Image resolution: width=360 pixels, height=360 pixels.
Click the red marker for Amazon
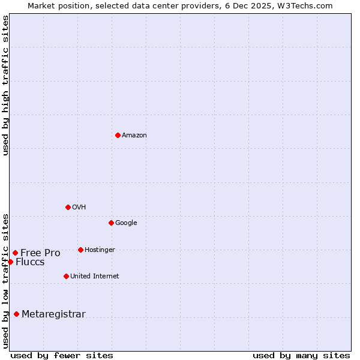[x=118, y=135]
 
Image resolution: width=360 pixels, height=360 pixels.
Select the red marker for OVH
[x=68, y=207]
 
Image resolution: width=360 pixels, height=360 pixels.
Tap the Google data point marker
[x=111, y=223]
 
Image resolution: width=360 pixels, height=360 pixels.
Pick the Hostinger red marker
[x=80, y=250]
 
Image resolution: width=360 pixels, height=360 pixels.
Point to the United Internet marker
[x=66, y=276]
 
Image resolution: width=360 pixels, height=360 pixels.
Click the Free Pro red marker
[x=15, y=253]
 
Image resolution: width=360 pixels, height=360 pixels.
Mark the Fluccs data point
[x=10, y=262]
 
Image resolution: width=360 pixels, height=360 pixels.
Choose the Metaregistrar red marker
[x=16, y=314]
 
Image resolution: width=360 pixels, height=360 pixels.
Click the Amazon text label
[x=134, y=136]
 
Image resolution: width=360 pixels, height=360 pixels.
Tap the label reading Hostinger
[x=100, y=250]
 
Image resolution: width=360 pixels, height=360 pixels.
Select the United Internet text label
[x=95, y=277]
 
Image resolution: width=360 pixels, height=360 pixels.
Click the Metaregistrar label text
[x=53, y=314]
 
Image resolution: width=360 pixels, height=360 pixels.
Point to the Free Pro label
[x=40, y=253]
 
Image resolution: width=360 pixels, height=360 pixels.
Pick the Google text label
[x=126, y=223]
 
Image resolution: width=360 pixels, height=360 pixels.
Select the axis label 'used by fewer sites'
[x=62, y=355]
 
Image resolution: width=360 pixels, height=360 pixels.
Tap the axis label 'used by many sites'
[x=301, y=355]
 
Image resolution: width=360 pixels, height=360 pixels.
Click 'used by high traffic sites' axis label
[x=5, y=85]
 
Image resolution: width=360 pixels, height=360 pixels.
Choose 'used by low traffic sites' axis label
[x=5, y=281]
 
